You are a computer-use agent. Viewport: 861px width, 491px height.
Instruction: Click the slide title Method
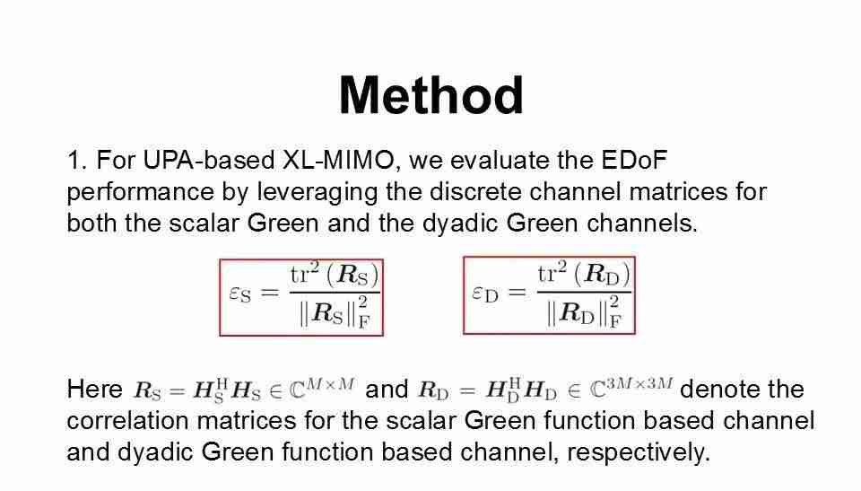pos(431,96)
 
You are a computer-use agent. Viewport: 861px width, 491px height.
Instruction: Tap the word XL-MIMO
pos(338,160)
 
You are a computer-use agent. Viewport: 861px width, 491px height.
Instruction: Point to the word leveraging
pos(317,192)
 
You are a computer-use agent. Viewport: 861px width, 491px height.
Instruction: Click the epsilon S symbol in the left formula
pos(240,294)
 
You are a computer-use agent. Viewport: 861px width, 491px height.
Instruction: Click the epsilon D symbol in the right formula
pos(485,294)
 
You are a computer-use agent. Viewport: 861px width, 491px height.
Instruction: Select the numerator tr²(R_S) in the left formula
pos(335,274)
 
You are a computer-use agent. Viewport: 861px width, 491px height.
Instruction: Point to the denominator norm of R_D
pos(584,313)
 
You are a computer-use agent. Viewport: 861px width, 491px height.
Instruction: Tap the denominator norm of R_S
pos(335,313)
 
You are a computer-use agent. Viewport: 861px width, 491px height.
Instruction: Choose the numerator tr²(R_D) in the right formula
pos(584,273)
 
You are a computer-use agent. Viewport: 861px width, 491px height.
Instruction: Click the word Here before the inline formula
pos(94,390)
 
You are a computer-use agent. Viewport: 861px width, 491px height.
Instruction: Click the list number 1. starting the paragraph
pos(77,160)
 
